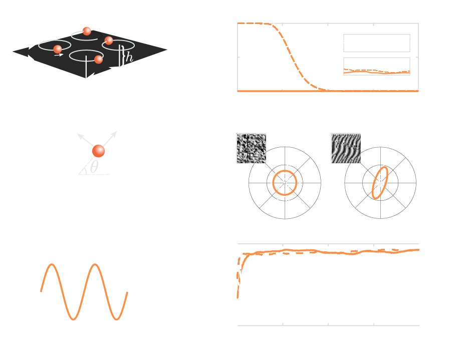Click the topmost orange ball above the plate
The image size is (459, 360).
point(87,31)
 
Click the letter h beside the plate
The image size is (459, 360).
point(129,58)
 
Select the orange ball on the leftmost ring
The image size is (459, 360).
point(58,49)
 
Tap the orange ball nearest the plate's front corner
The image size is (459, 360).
point(98,60)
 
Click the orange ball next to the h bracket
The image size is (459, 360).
point(109,41)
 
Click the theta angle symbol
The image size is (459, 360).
point(94,166)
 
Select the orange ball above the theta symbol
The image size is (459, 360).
point(99,151)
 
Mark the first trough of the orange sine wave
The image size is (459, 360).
point(73,318)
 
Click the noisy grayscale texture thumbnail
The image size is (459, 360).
point(251,148)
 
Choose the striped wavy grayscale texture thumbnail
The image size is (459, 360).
point(346,148)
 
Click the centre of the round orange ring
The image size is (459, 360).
point(285,183)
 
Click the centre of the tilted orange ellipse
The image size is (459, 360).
point(380,183)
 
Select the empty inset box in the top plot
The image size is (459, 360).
point(376,43)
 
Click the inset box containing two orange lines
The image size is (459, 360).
point(376,67)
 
